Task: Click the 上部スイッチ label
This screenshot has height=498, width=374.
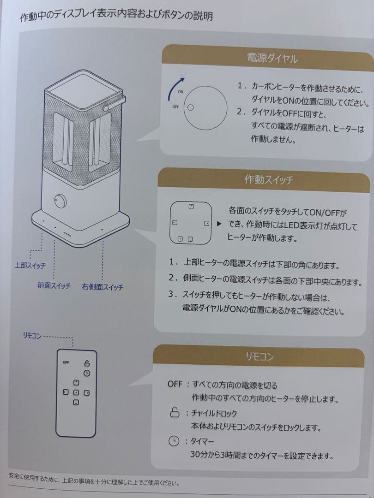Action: point(29,266)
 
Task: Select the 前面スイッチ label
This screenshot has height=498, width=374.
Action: point(54,286)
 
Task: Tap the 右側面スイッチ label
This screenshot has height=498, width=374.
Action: point(103,287)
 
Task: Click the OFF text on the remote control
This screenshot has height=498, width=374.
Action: point(66,362)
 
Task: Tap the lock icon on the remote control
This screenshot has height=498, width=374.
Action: point(86,363)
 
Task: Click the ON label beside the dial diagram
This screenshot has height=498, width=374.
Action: point(181,92)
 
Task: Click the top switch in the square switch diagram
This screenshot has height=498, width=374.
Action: point(191,206)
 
